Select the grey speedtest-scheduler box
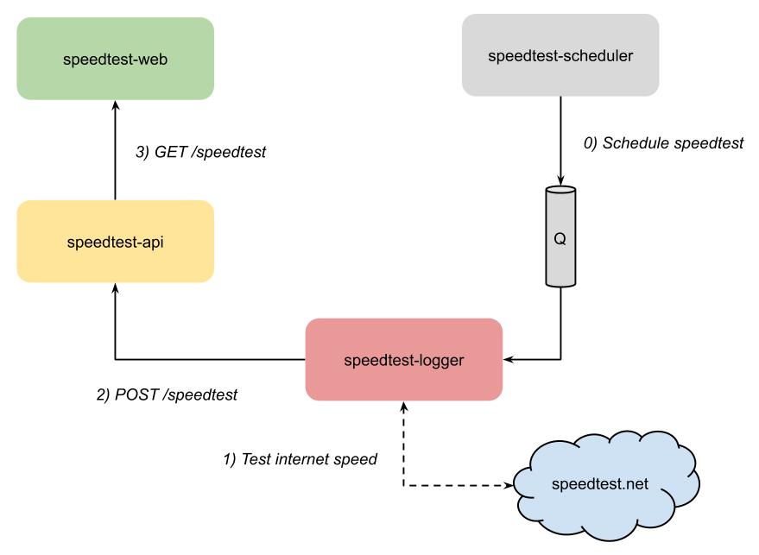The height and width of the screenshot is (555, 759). point(560,56)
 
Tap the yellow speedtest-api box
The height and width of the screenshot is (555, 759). point(115,241)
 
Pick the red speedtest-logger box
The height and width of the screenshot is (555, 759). point(404,359)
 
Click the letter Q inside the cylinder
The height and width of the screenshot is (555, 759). point(560,239)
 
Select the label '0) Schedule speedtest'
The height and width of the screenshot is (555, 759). point(663,142)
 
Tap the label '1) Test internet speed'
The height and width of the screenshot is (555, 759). point(300,458)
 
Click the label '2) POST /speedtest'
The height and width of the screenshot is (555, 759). point(166,394)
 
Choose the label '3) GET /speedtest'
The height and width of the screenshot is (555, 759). point(200,152)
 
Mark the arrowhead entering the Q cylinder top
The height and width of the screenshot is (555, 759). point(560,181)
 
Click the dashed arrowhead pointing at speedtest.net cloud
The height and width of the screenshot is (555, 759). point(508,486)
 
